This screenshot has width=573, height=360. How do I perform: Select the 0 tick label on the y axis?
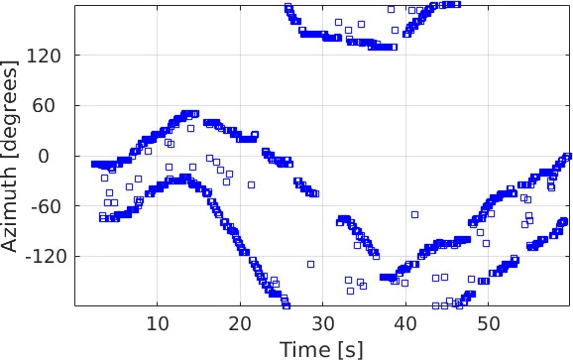click(x=58, y=157)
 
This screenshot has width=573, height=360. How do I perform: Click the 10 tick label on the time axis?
click(x=158, y=322)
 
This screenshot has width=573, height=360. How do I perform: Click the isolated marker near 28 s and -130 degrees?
click(x=310, y=264)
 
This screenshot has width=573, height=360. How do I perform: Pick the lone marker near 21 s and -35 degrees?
click(x=251, y=184)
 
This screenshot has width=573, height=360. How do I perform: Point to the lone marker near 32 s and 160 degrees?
click(x=338, y=22)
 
